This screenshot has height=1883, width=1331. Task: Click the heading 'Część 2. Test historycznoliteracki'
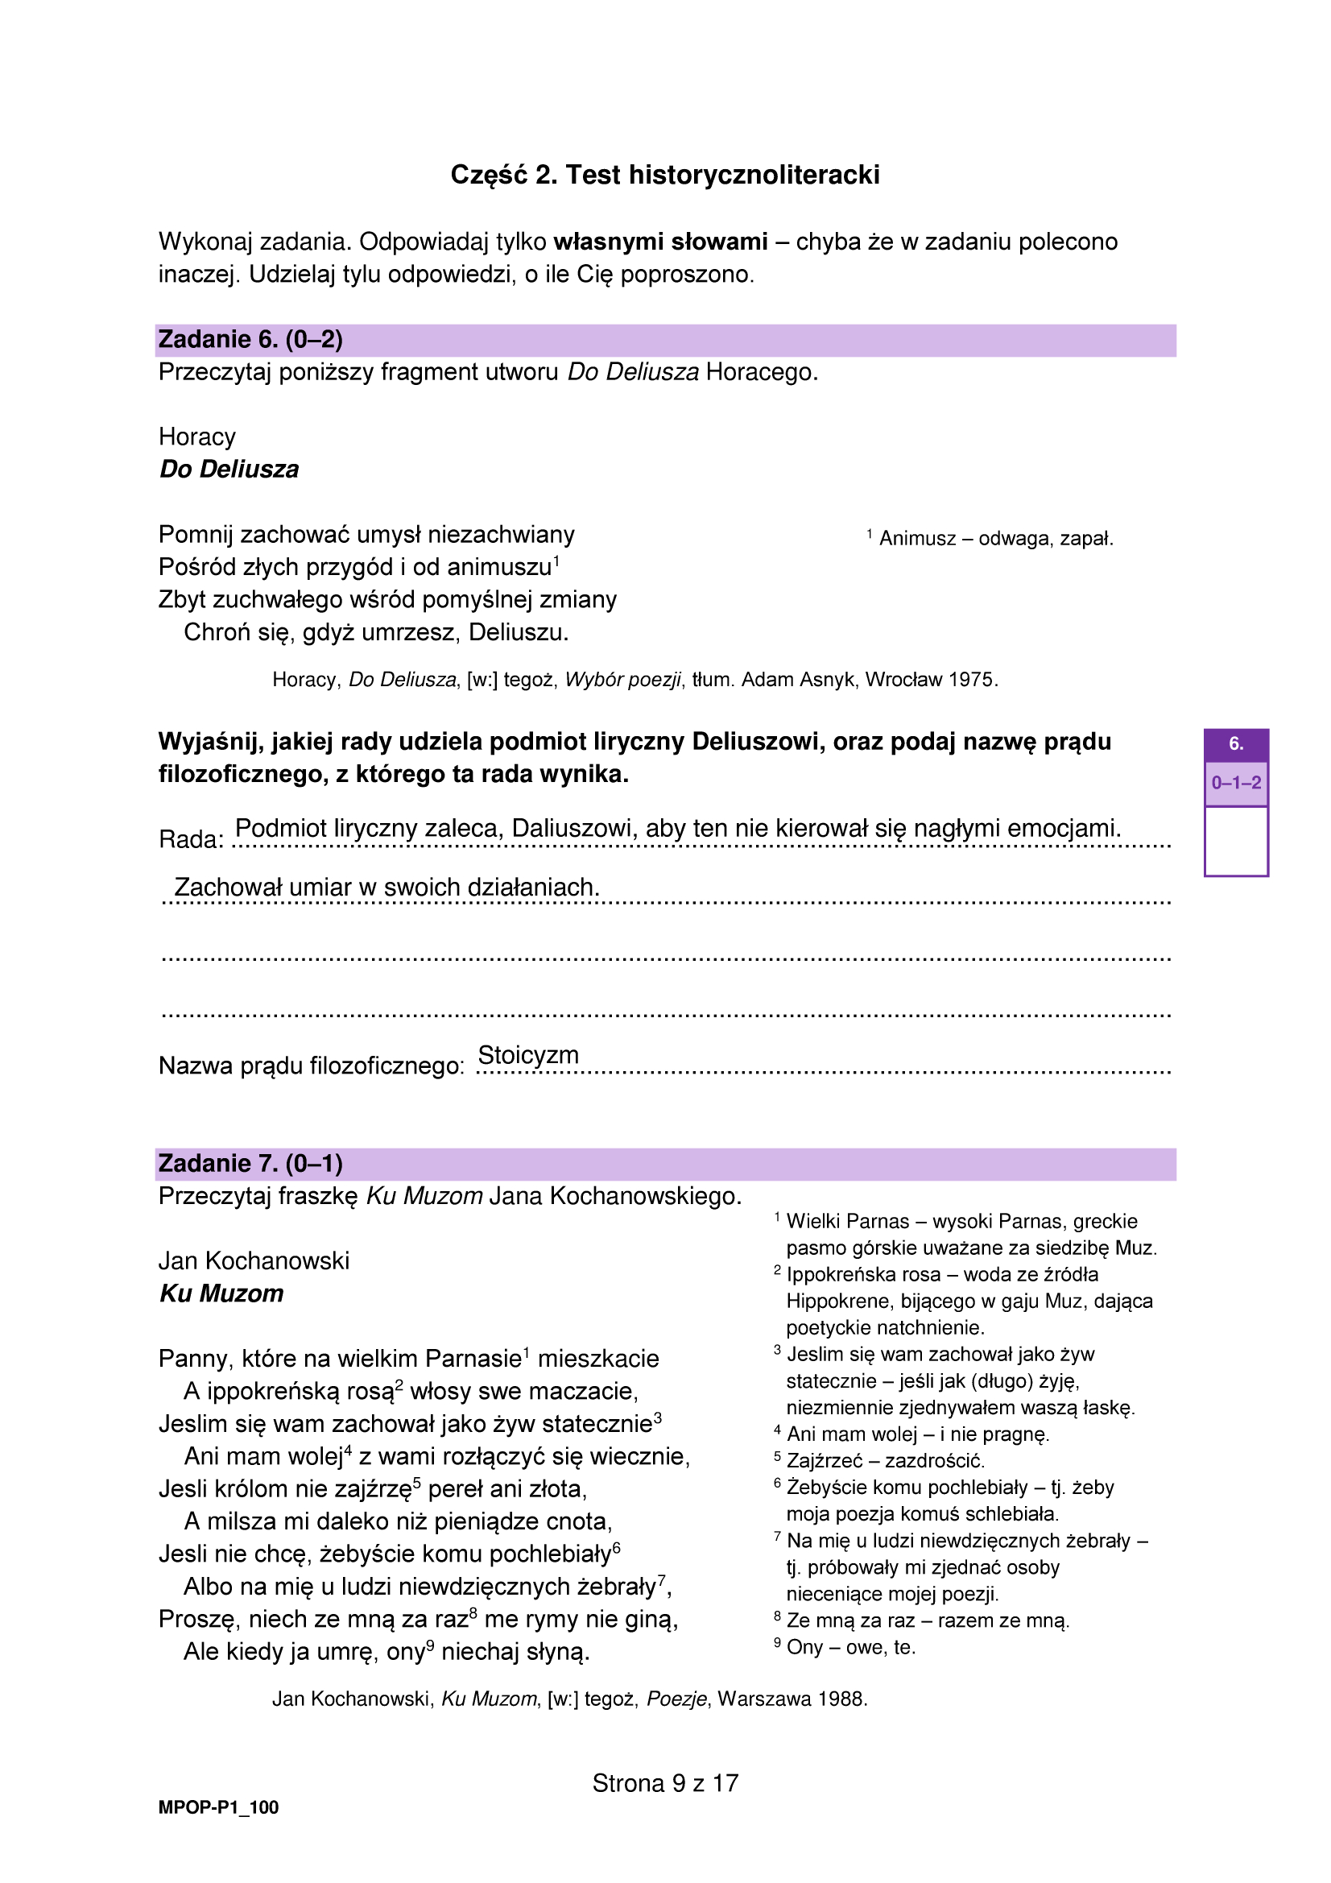pyautogui.click(x=664, y=175)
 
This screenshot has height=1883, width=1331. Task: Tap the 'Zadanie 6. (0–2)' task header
pyautogui.click(x=250, y=340)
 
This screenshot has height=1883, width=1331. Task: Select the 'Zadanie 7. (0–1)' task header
pyautogui.click(x=250, y=1163)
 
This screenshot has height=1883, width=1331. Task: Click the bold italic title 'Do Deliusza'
pyautogui.click(x=229, y=469)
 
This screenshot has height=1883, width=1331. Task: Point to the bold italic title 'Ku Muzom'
pyautogui.click(x=221, y=1293)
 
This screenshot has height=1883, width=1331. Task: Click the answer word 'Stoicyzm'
pyautogui.click(x=528, y=1055)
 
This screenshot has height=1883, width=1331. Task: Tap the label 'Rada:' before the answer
pyautogui.click(x=190, y=839)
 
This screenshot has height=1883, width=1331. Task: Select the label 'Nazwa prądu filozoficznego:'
pyautogui.click(x=312, y=1066)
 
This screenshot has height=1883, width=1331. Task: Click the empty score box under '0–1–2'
pyautogui.click(x=1236, y=841)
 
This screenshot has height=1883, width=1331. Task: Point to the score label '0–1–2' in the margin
pyautogui.click(x=1236, y=783)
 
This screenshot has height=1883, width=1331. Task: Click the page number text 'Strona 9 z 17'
pyautogui.click(x=665, y=1783)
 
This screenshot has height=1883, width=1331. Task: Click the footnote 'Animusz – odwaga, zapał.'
pyautogui.click(x=995, y=539)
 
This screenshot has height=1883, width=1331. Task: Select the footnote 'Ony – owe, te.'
pyautogui.click(x=850, y=1647)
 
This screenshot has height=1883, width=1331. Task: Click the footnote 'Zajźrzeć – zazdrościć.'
pyautogui.click(x=885, y=1460)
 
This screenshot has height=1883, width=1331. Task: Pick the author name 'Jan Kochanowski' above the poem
pyautogui.click(x=254, y=1260)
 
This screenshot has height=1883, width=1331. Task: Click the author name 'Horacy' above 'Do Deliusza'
pyautogui.click(x=196, y=437)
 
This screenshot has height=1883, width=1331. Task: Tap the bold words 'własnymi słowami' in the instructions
pyautogui.click(x=660, y=242)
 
